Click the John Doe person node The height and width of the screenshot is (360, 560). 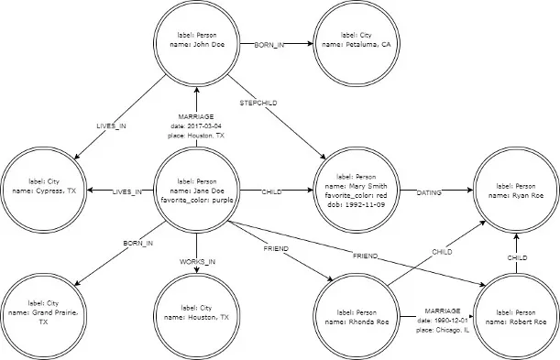[x=196, y=42]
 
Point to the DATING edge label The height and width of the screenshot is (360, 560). [x=429, y=192]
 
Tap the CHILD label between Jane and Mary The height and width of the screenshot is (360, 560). [x=271, y=192]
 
